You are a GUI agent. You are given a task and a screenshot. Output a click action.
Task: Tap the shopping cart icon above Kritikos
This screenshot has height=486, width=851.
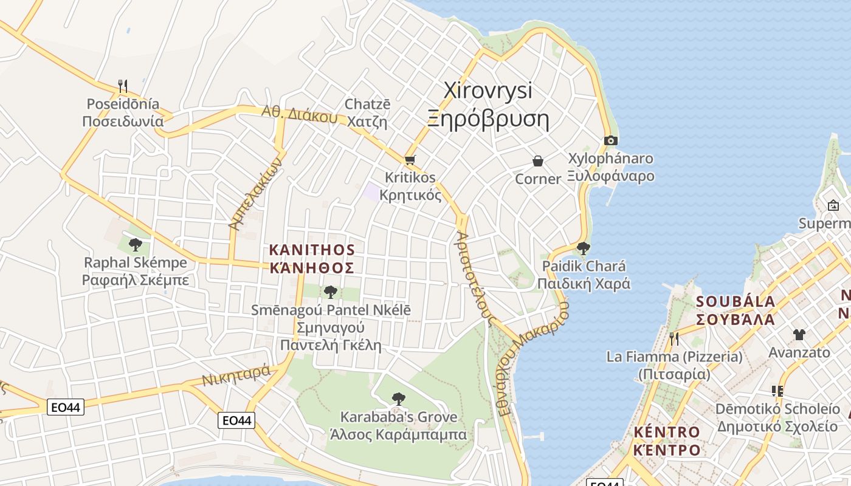(410, 160)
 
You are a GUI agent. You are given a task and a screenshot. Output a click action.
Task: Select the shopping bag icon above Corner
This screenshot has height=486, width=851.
(537, 161)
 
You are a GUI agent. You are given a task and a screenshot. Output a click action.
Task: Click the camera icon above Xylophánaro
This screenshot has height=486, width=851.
(611, 141)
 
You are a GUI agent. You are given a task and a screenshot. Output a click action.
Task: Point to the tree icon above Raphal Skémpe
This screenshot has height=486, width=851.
(136, 245)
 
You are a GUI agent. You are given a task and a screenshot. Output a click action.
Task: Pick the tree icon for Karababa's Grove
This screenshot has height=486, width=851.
(398, 399)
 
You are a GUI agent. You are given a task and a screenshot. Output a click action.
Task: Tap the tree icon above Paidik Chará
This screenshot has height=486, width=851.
(583, 248)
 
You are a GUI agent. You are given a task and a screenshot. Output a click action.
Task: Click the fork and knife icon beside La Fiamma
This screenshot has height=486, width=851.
(674, 338)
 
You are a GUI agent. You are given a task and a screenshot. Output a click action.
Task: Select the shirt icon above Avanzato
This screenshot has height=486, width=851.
(799, 334)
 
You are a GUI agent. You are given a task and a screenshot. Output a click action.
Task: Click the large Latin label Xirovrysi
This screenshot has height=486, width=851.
(488, 91)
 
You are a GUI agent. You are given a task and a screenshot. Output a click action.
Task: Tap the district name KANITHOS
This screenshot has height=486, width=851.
(312, 250)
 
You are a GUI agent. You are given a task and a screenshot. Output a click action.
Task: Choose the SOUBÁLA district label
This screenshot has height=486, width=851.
(735, 301)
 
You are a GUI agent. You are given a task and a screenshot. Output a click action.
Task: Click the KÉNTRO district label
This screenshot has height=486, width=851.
(666, 432)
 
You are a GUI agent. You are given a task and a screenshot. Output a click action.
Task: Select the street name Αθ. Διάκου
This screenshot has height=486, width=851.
(299, 114)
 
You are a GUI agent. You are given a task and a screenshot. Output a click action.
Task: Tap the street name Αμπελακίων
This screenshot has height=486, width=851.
(256, 193)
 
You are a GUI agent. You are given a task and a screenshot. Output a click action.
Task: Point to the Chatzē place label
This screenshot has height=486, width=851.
(367, 104)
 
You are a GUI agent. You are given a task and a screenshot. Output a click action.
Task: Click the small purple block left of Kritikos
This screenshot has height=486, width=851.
(371, 191)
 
